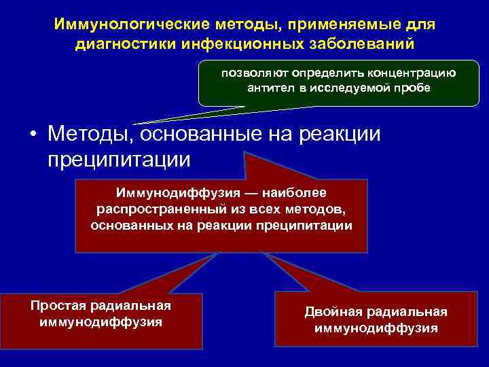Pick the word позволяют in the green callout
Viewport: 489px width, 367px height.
pyautogui.click(x=242, y=73)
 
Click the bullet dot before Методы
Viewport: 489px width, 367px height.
pyautogui.click(x=33, y=134)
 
